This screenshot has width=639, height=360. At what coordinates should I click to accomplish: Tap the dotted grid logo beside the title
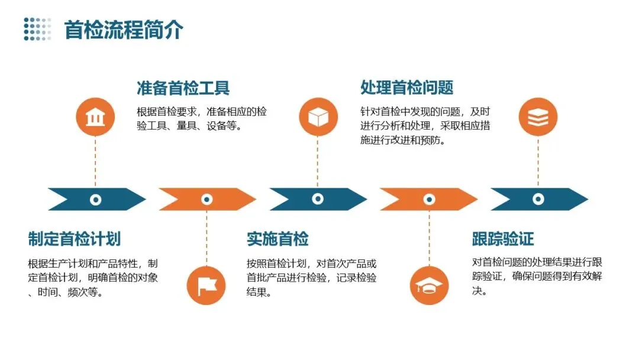click(x=37, y=29)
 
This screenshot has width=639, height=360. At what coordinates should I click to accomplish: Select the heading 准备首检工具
click(x=183, y=88)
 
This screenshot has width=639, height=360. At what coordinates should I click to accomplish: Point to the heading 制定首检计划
click(x=75, y=239)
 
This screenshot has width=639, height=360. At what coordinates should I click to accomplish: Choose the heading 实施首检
click(x=277, y=239)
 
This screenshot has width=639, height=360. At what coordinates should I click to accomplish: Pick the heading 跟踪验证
click(x=503, y=239)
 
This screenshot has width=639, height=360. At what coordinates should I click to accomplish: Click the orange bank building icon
click(x=95, y=117)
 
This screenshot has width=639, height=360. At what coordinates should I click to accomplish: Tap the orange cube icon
click(x=318, y=117)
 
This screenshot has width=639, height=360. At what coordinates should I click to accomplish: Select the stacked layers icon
click(x=538, y=117)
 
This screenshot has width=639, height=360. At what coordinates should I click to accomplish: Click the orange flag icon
click(x=206, y=285)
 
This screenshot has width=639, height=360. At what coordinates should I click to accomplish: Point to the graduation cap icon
click(x=429, y=285)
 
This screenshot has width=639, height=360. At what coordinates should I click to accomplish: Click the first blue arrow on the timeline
click(x=77, y=200)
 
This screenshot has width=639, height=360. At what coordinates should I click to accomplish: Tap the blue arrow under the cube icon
click(x=299, y=200)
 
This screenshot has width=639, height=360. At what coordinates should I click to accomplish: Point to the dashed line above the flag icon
click(x=206, y=237)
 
